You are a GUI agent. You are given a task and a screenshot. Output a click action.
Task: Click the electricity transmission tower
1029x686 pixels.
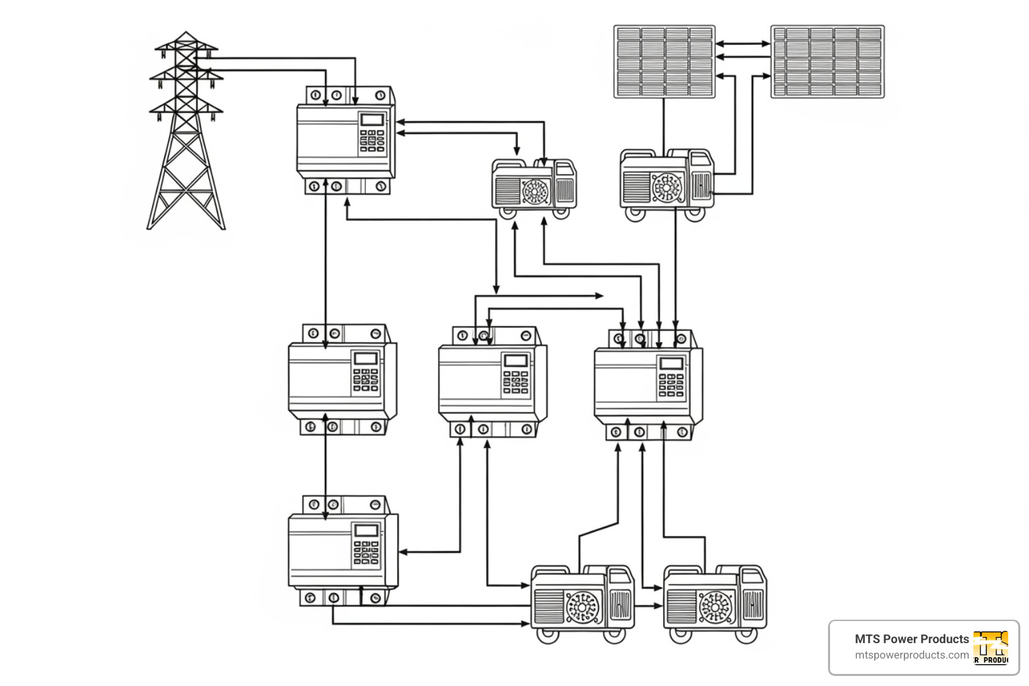click(186, 134)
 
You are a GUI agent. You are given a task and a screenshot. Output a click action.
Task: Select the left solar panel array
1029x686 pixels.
click(664, 62)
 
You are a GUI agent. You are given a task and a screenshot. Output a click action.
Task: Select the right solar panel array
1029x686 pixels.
click(827, 62)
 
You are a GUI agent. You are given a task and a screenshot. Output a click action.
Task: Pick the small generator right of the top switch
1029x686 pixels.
click(534, 188)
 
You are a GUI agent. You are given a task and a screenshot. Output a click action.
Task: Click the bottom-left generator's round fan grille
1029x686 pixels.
click(581, 607)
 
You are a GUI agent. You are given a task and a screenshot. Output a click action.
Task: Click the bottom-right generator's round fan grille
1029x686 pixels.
click(714, 607)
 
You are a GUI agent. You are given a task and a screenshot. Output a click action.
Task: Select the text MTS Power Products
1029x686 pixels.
click(911, 639)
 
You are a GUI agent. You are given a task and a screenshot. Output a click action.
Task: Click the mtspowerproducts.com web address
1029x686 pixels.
click(911, 655)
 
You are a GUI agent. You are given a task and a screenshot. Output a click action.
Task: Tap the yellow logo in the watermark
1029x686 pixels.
click(991, 647)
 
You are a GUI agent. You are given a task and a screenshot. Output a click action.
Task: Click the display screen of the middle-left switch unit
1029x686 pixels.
click(366, 358)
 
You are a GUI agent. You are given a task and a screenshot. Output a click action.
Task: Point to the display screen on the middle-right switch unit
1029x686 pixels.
click(671, 364)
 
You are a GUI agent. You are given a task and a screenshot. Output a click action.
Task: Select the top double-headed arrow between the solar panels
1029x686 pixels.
click(743, 44)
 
